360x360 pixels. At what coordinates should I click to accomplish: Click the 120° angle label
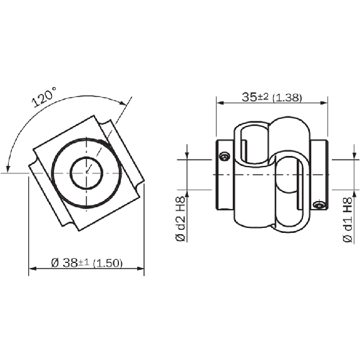click(x=44, y=96)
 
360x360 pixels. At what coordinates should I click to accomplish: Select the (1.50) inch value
click(x=108, y=263)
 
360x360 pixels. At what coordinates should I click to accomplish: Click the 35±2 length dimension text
click(x=255, y=96)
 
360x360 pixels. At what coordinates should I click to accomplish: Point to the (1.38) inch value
click(x=287, y=97)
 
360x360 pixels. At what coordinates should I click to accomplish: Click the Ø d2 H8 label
click(x=180, y=219)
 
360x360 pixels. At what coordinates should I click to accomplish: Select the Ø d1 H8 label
click(x=348, y=220)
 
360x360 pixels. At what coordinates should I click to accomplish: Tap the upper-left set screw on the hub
click(x=224, y=157)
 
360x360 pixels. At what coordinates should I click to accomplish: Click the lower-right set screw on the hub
click(x=319, y=204)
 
